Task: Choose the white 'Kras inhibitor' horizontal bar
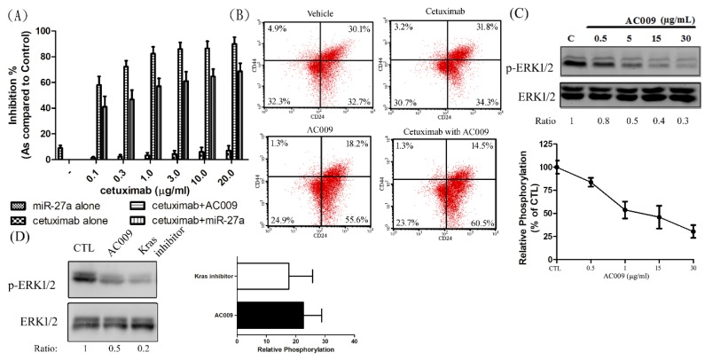pos(262,277)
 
